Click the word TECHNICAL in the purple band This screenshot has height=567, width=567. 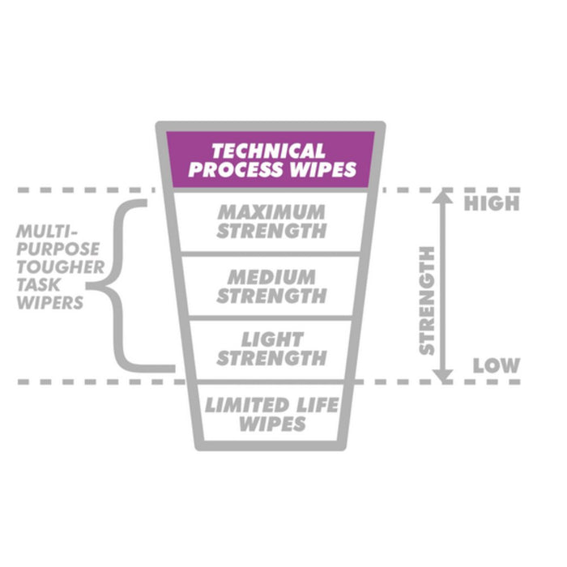pyautogui.click(x=268, y=151)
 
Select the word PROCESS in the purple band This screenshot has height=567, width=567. pyautogui.click(x=236, y=170)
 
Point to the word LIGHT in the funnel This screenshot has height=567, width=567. pyautogui.click(x=271, y=339)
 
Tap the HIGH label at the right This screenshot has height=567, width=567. pyautogui.click(x=492, y=203)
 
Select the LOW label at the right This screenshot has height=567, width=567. pyautogui.click(x=496, y=365)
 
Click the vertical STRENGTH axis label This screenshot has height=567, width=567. pyautogui.click(x=427, y=300)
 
